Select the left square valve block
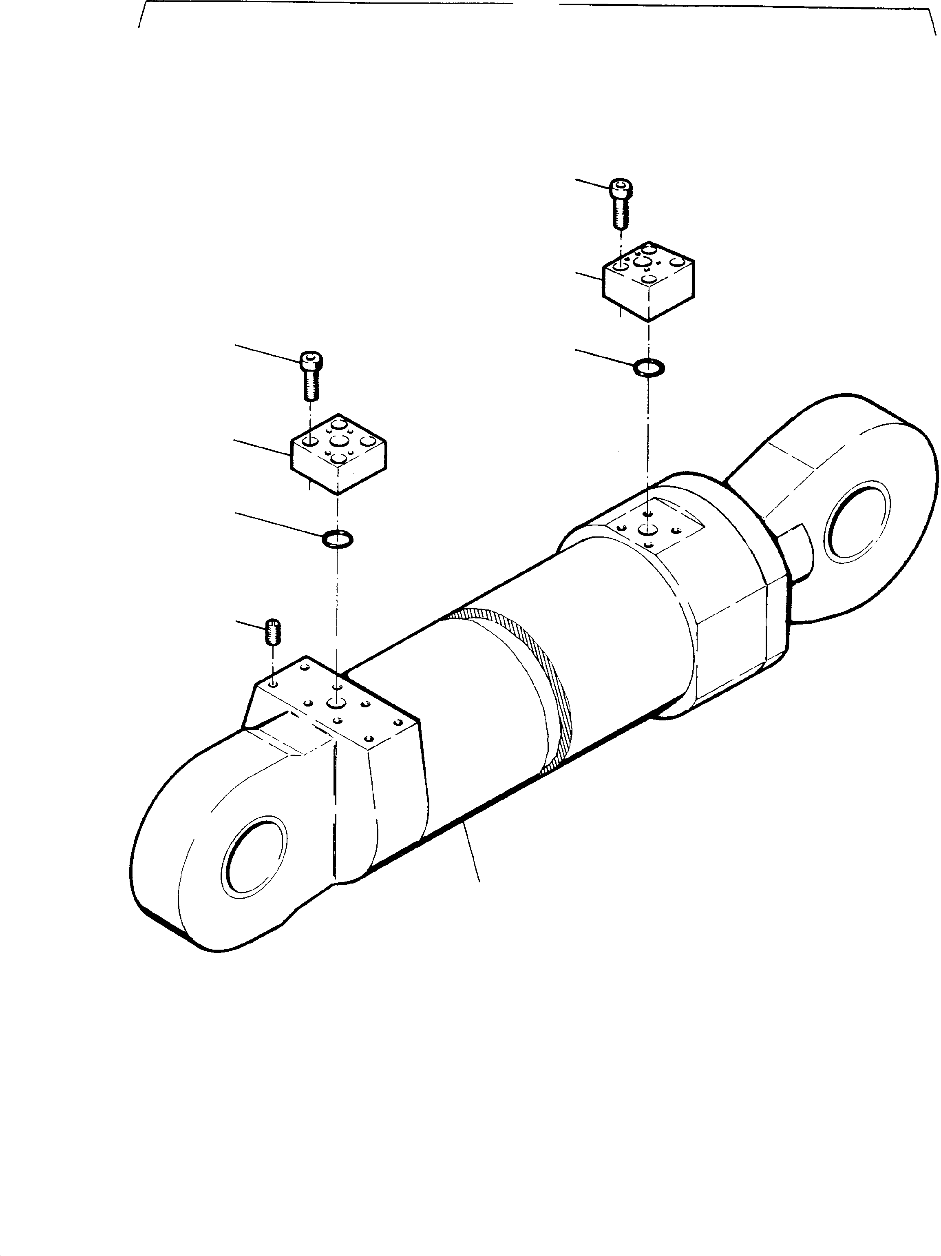point(339,454)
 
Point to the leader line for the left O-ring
point(278,523)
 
